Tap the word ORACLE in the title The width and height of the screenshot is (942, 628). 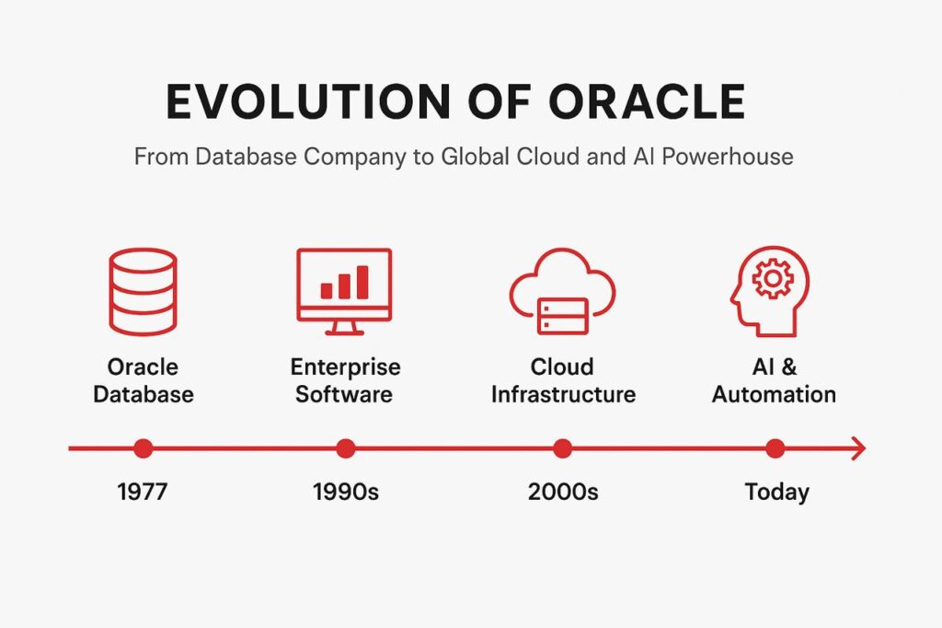[x=647, y=101]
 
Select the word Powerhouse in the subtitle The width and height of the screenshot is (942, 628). [x=728, y=157]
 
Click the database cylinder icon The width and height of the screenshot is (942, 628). [x=143, y=291]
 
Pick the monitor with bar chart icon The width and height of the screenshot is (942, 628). [x=344, y=292]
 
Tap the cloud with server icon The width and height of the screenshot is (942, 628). [x=562, y=292]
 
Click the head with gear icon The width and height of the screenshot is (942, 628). [x=770, y=291]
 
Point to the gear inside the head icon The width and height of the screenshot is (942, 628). [x=773, y=278]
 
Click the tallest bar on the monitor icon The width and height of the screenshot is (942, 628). [x=362, y=282]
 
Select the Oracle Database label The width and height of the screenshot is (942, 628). [x=143, y=380]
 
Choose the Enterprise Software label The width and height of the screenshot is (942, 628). [x=345, y=380]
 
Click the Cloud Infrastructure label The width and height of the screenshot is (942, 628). [x=563, y=380]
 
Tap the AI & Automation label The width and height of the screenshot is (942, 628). [x=774, y=380]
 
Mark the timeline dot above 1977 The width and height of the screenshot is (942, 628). [x=143, y=448]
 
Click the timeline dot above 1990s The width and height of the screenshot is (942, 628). [x=346, y=448]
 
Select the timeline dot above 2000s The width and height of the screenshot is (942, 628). [x=562, y=448]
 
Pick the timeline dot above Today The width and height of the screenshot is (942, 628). [x=775, y=448]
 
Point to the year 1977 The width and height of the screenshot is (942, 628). [x=143, y=492]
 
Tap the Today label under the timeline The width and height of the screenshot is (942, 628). [x=776, y=493]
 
